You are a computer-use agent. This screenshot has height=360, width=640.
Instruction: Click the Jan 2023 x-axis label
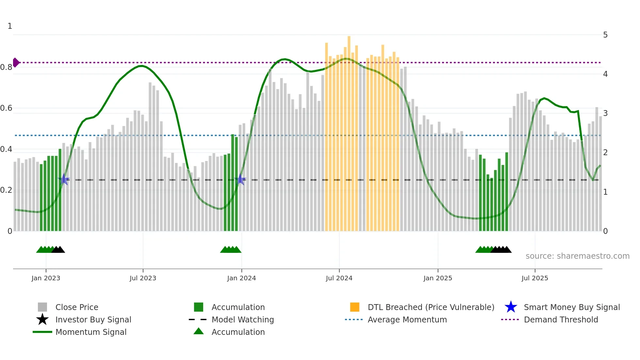tap(46, 278)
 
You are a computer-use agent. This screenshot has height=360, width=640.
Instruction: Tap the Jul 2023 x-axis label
tap(143, 278)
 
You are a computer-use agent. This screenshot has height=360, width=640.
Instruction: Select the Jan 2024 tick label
tap(241, 278)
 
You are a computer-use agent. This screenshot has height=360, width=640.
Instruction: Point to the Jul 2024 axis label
tap(339, 278)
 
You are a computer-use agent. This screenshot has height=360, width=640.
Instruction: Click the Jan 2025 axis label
tap(438, 278)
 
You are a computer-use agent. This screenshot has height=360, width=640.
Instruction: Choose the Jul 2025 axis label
tap(535, 278)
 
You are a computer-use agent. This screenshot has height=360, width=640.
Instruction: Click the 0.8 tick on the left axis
tap(6, 67)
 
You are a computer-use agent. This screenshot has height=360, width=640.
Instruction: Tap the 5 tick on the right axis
tap(605, 35)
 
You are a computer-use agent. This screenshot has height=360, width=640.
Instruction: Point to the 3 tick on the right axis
tap(605, 113)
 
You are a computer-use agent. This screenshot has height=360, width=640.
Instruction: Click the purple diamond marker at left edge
tap(16, 62)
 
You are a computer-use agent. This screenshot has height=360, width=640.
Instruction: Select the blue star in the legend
tap(511, 307)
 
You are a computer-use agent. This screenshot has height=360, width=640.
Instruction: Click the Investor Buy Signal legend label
tap(93, 319)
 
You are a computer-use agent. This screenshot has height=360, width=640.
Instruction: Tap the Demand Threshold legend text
tap(561, 319)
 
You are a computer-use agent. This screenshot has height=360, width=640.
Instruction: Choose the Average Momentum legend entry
tap(407, 319)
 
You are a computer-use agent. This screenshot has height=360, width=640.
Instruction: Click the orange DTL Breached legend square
tap(354, 307)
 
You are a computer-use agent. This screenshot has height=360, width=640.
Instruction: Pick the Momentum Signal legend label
tap(91, 332)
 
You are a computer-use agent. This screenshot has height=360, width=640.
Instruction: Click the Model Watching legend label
tap(243, 319)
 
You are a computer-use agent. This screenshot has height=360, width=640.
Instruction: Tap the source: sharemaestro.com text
tap(577, 256)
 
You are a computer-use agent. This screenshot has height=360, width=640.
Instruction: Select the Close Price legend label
tap(77, 307)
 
